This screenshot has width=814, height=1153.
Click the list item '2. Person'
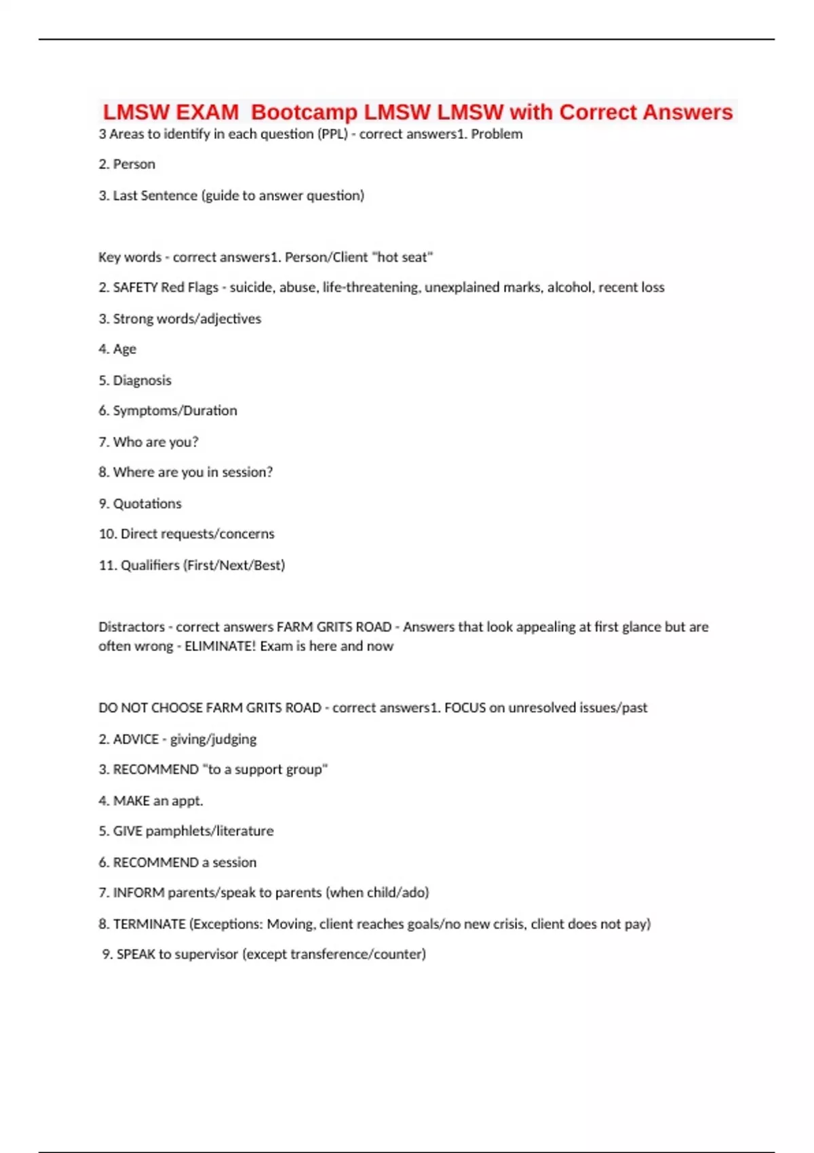click(127, 164)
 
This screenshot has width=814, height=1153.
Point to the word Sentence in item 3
click(164, 195)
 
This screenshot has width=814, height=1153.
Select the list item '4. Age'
click(117, 349)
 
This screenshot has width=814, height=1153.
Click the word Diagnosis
click(142, 380)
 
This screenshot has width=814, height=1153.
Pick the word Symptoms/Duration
click(175, 411)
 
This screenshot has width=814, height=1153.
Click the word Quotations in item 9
click(147, 504)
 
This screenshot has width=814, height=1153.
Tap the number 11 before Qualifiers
click(106, 566)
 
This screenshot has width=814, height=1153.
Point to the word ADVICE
click(136, 739)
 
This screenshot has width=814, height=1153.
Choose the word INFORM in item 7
click(138, 893)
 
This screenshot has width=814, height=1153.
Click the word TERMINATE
click(149, 924)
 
